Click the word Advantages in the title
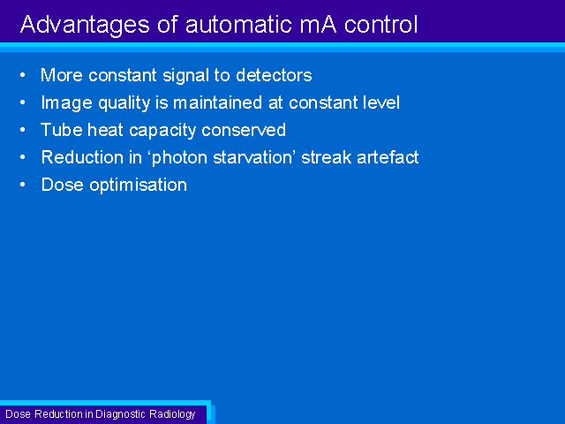pos(85,26)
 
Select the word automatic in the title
pos(239,25)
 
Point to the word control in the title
pos(380,25)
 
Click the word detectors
pos(274,75)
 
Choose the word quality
pos(124,104)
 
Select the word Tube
pos(62,130)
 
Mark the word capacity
pos(162,132)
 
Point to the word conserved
pos(244,130)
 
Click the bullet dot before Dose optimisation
pos(23,185)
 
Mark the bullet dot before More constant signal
pos(23,75)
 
